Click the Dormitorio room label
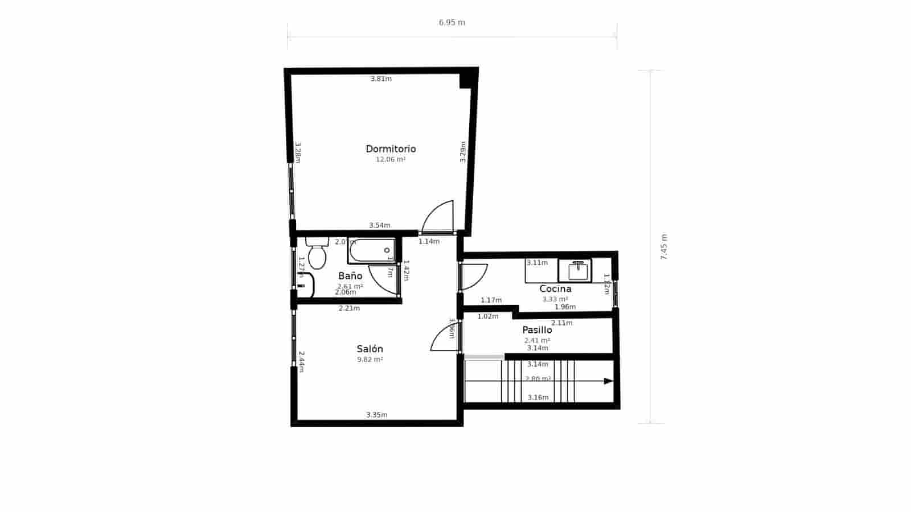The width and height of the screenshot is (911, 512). pos(391,149)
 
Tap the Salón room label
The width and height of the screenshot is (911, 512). pos(370,349)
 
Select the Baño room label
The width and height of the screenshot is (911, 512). pos(350,276)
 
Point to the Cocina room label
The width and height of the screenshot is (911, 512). pos(555,289)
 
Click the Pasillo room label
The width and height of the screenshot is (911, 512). pos(537,330)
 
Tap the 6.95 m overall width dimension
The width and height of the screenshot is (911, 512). pos(452,23)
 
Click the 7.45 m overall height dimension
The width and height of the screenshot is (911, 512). pos(664,247)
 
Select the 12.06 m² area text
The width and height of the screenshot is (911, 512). pos(391,160)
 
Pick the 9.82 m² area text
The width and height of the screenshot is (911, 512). pos(370,360)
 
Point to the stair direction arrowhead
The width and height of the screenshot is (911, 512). pos(608,381)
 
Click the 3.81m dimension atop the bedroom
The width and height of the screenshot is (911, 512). pos(381,79)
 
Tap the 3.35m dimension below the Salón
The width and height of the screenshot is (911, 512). pos(376,415)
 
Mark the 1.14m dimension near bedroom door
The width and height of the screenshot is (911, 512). pos(429,242)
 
